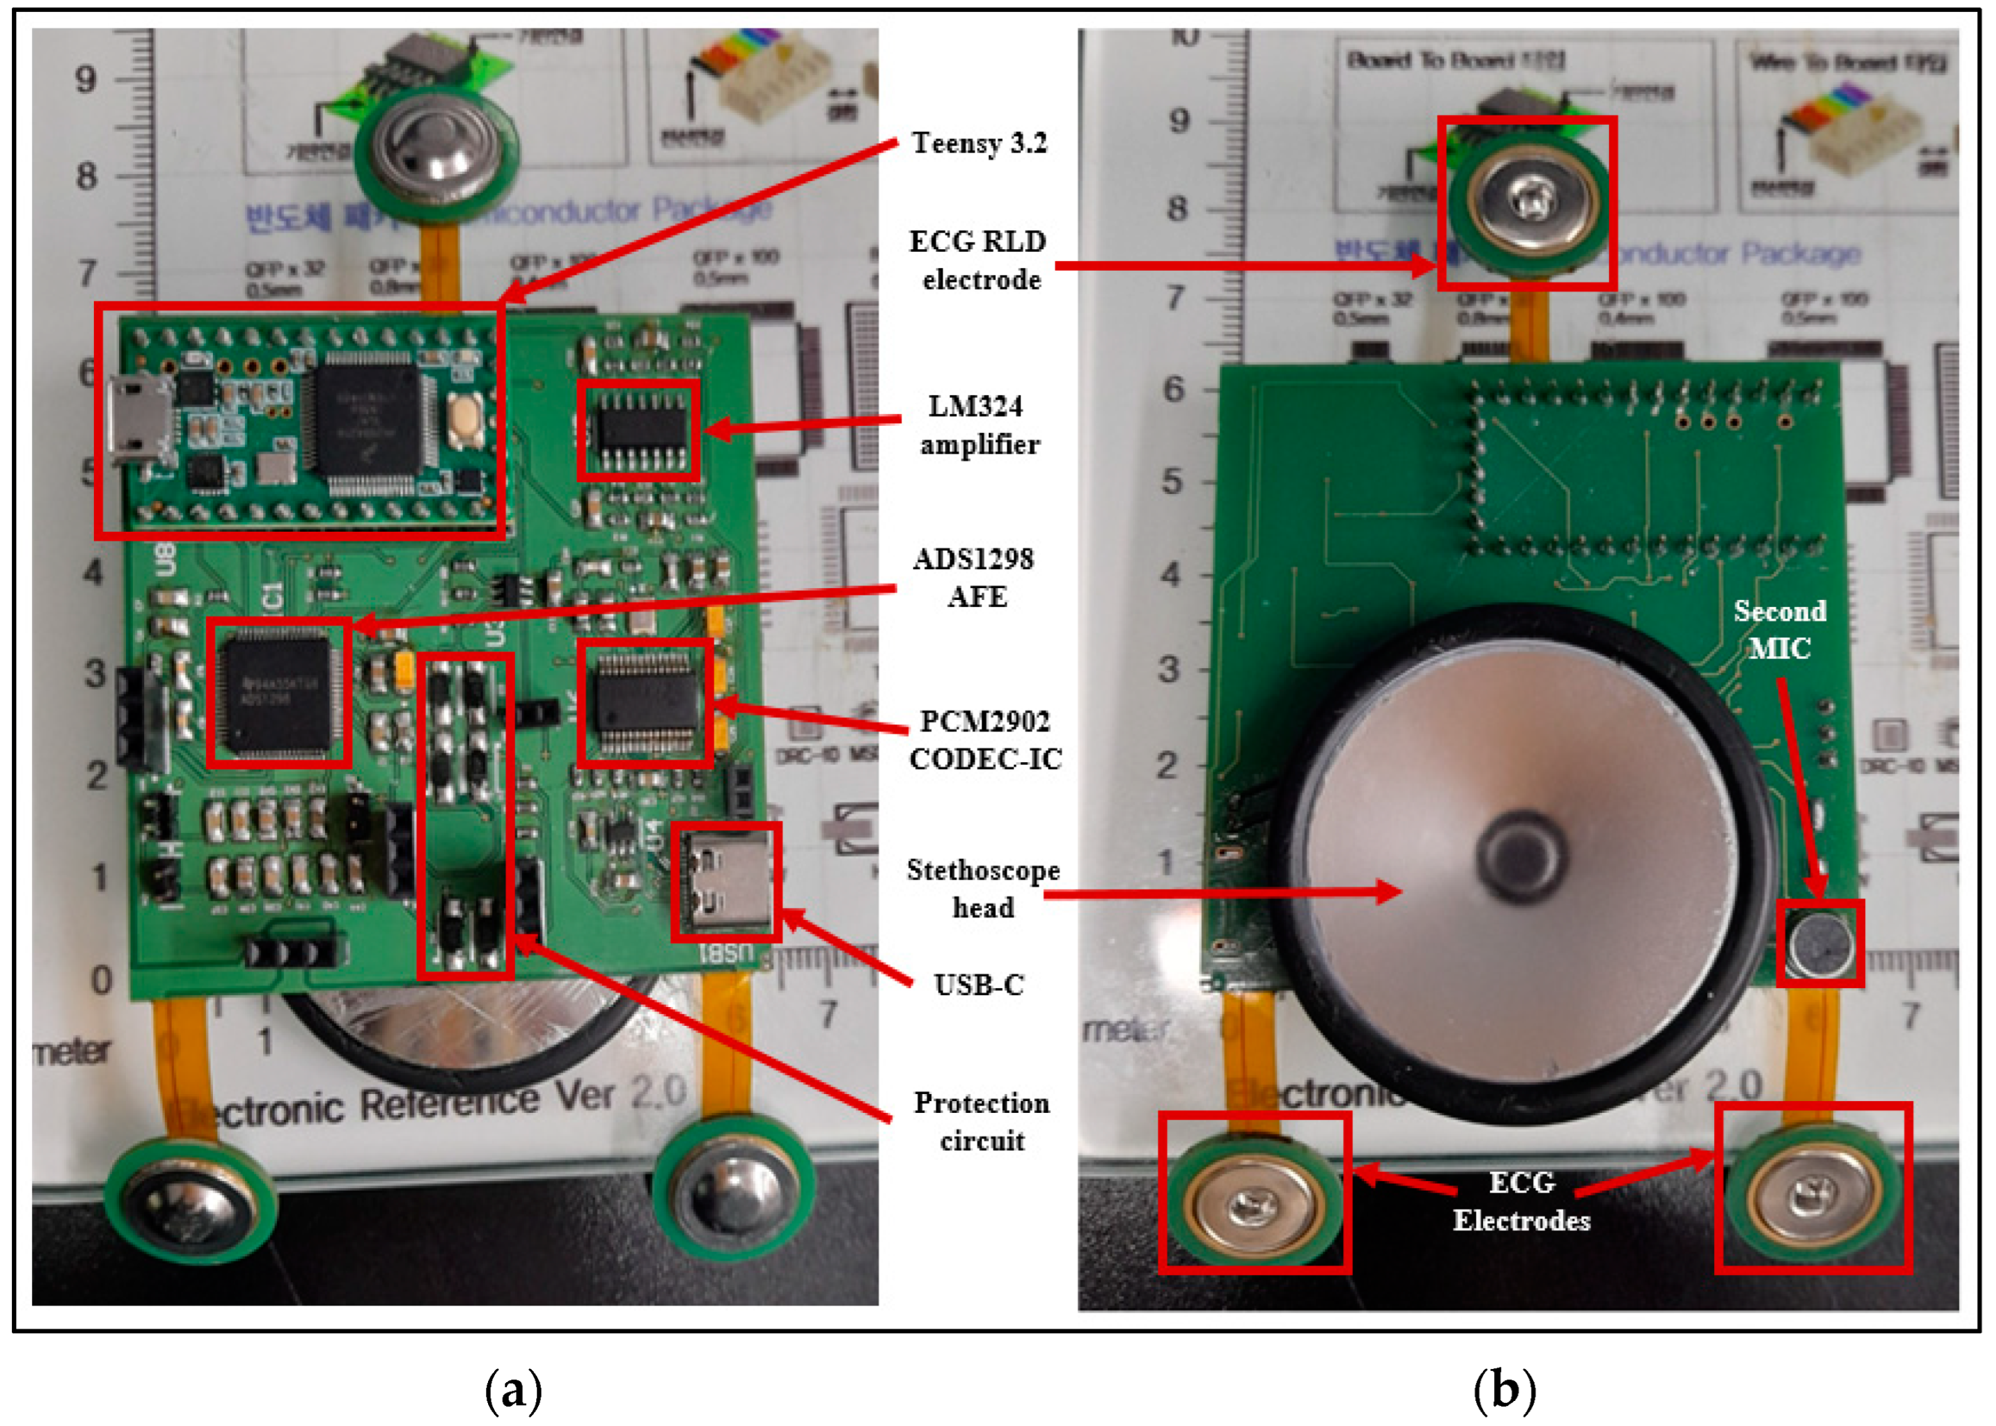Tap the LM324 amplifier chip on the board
point(639,430)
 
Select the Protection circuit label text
point(981,1121)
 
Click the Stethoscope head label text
point(982,888)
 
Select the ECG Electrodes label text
point(1521,1201)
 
